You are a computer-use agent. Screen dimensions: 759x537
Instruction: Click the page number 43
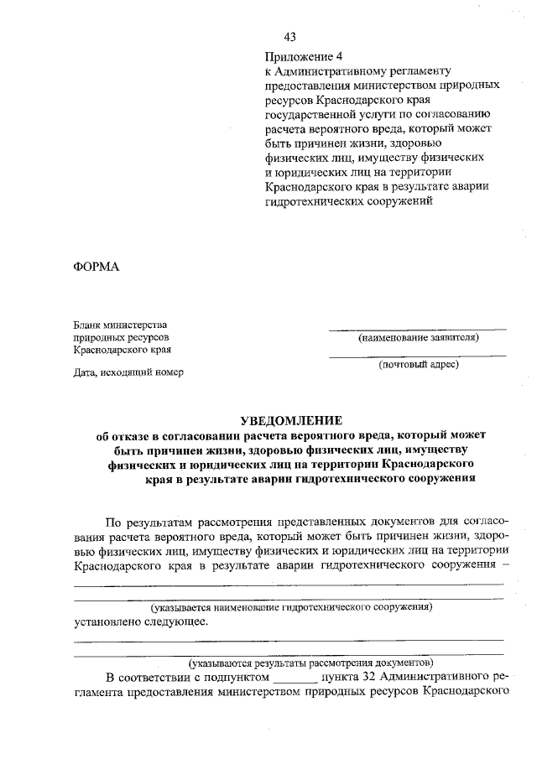pos(290,37)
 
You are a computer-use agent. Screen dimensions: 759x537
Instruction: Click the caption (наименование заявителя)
pos(418,338)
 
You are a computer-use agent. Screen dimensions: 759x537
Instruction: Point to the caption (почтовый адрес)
pos(418,365)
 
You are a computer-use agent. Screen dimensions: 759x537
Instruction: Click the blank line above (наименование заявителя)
pos(417,328)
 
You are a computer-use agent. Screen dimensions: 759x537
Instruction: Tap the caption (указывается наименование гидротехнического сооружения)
pos(290,606)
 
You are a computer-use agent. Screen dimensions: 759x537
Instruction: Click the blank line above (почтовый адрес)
pos(417,356)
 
